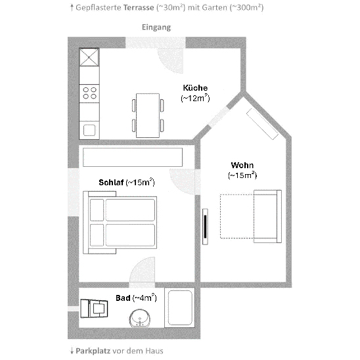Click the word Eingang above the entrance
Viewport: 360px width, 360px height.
click(x=156, y=28)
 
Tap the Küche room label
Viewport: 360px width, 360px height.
click(x=195, y=88)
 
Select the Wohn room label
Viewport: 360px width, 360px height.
click(x=242, y=165)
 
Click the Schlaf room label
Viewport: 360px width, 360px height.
click(x=111, y=182)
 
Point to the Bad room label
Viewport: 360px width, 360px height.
click(x=123, y=298)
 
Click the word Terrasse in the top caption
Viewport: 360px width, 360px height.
click(x=139, y=8)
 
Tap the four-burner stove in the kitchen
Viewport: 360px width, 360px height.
click(x=89, y=93)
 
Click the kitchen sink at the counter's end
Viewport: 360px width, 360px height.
click(x=89, y=130)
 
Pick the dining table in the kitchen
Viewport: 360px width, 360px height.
click(x=148, y=116)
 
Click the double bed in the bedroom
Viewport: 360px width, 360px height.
click(x=120, y=223)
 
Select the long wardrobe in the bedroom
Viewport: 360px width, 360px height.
click(x=133, y=157)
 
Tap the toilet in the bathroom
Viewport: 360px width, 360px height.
click(x=94, y=308)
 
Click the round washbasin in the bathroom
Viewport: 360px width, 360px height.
click(x=140, y=318)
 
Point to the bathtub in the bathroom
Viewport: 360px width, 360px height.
click(x=180, y=307)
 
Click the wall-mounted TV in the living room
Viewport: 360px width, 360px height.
click(x=205, y=227)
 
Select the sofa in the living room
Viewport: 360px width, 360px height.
click(x=268, y=217)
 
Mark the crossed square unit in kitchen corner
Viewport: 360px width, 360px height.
click(x=89, y=57)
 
